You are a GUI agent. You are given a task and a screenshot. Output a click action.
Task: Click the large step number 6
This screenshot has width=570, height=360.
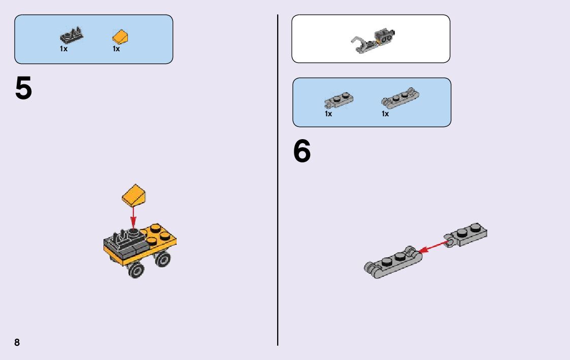pyautogui.click(x=302, y=152)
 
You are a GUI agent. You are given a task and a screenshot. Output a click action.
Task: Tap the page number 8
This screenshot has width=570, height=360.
pyautogui.click(x=17, y=342)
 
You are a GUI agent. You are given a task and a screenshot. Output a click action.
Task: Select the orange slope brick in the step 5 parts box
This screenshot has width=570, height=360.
pyautogui.click(x=121, y=38)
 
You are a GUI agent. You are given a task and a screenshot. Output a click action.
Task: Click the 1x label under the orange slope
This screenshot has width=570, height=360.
pyautogui.click(x=116, y=49)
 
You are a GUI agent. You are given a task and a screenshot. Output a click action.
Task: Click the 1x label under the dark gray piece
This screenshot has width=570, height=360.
pyautogui.click(x=63, y=49)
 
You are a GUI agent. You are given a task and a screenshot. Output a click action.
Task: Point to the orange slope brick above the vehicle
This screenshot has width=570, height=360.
pyautogui.click(x=134, y=195)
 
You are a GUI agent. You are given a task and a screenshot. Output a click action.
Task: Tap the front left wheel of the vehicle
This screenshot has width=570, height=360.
pyautogui.click(x=136, y=270)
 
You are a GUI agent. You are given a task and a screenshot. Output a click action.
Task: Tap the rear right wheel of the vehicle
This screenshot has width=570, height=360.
pyautogui.click(x=162, y=260)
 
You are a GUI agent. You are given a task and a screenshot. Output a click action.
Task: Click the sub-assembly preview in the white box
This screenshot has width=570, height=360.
pyautogui.click(x=374, y=41)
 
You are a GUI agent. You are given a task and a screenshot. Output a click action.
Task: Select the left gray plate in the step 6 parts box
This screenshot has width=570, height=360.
pyautogui.click(x=338, y=100)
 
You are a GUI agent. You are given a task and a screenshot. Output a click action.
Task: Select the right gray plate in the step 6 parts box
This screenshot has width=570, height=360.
pyautogui.click(x=401, y=99)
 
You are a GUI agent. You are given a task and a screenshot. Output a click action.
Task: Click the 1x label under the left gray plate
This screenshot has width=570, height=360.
pyautogui.click(x=328, y=114)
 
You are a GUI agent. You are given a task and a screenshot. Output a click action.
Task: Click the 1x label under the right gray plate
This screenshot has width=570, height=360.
pyautogui.click(x=385, y=114)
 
